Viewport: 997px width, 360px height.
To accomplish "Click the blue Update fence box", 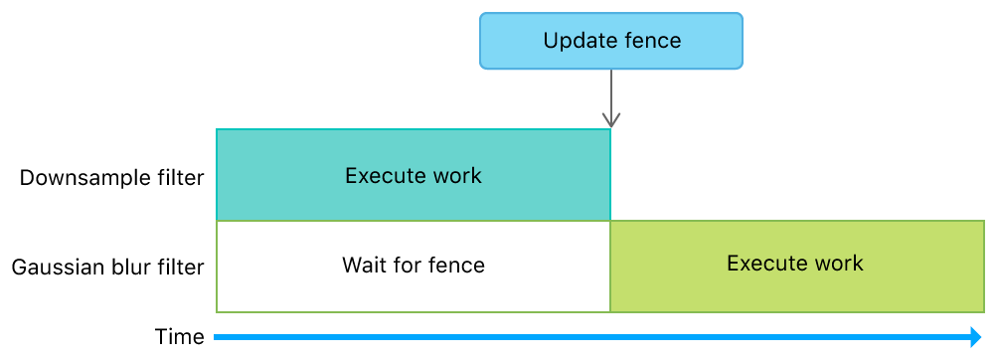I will click(611, 41).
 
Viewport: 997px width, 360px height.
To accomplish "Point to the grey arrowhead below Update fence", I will click(610, 120).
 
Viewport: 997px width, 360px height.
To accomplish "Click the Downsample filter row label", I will click(112, 178).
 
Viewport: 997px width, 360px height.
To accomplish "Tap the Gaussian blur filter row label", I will click(107, 267).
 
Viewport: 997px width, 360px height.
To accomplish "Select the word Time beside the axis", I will click(180, 337).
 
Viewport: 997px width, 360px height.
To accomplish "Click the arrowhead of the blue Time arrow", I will click(975, 337).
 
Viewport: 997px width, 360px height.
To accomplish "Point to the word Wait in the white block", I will click(363, 266).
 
